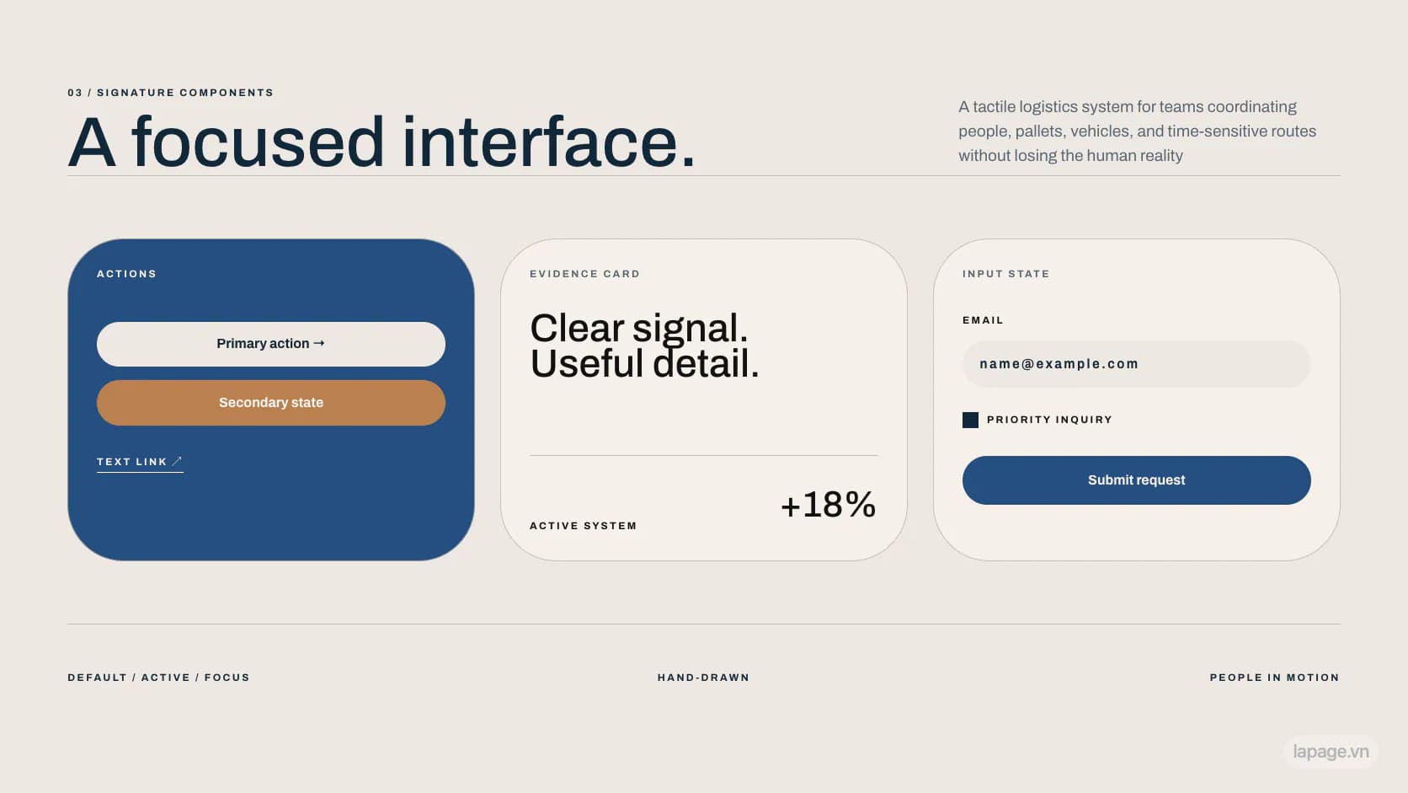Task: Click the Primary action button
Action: pos(271,344)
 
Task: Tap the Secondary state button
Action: pos(271,403)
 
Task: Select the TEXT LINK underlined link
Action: pos(140,462)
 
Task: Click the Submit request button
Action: pos(1137,480)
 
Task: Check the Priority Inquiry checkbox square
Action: pos(970,420)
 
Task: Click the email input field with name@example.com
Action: pos(1137,364)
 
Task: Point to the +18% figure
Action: pos(828,504)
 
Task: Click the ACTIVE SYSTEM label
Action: pos(584,526)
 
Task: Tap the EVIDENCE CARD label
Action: pos(584,274)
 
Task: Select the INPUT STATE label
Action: pos(1005,274)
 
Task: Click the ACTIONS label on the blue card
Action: pos(126,274)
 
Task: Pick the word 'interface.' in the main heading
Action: pos(549,142)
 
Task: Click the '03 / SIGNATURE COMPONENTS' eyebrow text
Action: pos(170,93)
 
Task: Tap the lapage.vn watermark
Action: pos(1331,752)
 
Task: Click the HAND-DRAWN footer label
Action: pos(703,678)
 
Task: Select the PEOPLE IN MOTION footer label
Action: pos(1275,678)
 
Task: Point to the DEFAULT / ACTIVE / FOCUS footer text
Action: pos(158,678)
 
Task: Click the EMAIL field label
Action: pos(983,320)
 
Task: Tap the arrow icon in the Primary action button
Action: pos(318,343)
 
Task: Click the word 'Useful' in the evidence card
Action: pos(586,364)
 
